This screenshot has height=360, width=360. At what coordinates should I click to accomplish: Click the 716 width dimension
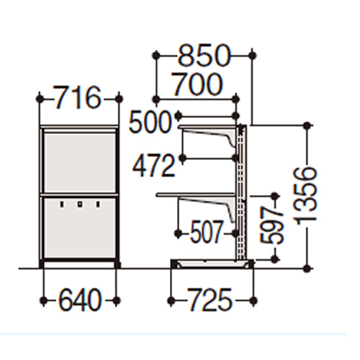[78, 99]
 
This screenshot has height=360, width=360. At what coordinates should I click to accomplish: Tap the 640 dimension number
[79, 300]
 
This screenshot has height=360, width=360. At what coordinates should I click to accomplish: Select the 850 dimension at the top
[204, 55]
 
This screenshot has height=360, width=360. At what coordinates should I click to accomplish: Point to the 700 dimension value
[197, 85]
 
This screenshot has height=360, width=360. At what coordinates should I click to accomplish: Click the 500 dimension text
[150, 122]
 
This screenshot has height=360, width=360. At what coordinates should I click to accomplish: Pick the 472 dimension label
[153, 166]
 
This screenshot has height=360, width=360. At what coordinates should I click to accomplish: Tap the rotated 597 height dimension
[272, 225]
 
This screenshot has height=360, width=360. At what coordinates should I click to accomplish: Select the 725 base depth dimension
[210, 300]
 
